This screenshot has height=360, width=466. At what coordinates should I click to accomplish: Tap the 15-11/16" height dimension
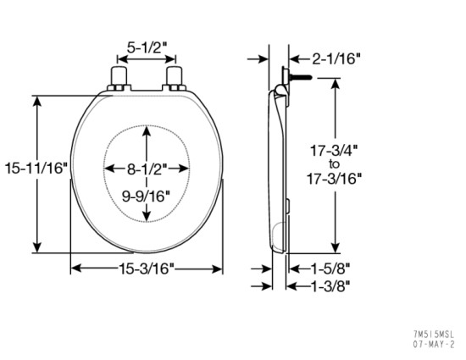click(34, 168)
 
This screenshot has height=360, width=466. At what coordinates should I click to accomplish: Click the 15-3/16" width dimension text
click(146, 269)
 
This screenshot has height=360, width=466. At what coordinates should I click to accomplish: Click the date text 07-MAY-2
click(434, 345)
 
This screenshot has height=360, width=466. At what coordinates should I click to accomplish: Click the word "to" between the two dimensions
click(335, 163)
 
